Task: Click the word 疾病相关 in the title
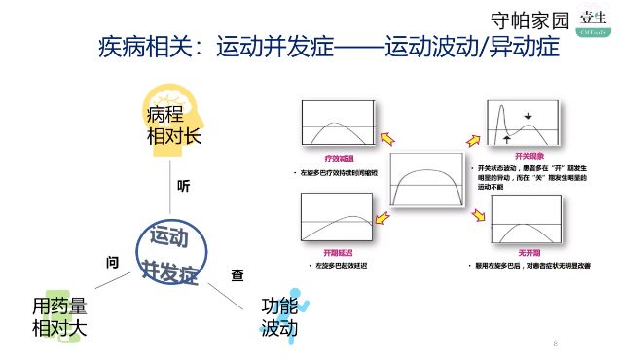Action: [x=144, y=47]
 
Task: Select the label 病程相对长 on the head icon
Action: [x=173, y=126]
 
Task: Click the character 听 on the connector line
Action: [x=183, y=185]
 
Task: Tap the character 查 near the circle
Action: [x=237, y=275]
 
